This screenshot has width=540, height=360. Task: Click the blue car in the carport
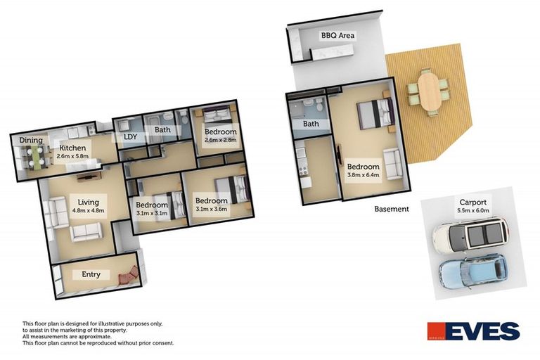[472, 269]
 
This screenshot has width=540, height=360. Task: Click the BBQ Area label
[337, 35]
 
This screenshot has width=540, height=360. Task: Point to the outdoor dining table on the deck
[427, 90]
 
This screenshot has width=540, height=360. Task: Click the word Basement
[392, 209]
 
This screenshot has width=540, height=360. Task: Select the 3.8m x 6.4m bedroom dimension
[364, 176]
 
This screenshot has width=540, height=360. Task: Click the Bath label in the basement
[311, 124]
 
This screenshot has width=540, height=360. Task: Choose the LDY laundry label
[130, 137]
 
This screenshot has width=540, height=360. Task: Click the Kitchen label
[72, 148]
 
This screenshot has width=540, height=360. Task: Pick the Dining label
[31, 141]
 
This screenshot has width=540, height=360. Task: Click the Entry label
[91, 274]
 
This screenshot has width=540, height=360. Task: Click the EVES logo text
[486, 330]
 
